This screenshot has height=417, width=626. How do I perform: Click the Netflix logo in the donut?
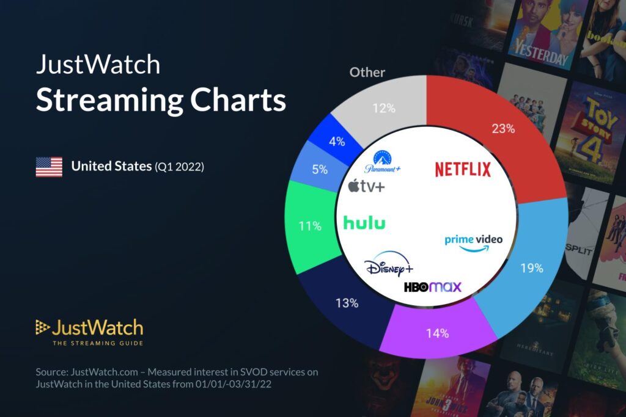coord(463,169)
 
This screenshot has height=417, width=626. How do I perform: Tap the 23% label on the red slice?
coord(503,129)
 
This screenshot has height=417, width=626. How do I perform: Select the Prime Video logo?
coord(473,242)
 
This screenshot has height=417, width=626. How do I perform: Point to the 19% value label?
coord(531,267)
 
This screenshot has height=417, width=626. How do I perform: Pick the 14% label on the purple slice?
coord(437,333)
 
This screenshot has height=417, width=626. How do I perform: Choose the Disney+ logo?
coord(389,266)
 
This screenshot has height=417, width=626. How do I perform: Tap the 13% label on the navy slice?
coord(347,302)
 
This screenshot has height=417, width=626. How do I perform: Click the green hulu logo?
coord(364,223)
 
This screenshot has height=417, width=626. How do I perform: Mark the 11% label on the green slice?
coord(309,227)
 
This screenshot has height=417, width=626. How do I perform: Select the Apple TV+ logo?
coord(367,186)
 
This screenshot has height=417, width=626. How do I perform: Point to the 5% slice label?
coord(320,170)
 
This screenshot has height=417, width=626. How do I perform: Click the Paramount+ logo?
coord(383,162)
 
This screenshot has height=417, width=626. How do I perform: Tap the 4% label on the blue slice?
coord(337,141)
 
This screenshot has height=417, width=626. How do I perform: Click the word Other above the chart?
coord(367,72)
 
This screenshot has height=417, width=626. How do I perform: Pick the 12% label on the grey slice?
coord(384,109)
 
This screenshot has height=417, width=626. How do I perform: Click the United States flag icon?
coord(49,166)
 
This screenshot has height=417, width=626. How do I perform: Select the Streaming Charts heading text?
coord(160,100)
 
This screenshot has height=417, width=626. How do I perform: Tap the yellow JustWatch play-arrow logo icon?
coord(42,327)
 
